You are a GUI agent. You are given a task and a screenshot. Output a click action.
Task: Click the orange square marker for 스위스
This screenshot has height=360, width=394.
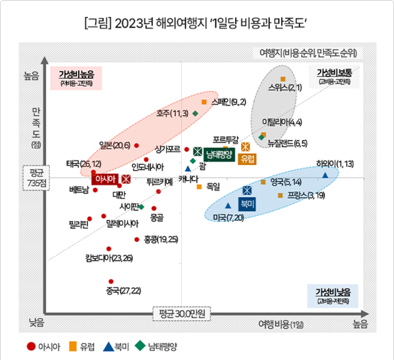(x=283, y=79)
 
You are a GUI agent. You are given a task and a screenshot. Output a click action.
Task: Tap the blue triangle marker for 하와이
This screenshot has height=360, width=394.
(x=326, y=175)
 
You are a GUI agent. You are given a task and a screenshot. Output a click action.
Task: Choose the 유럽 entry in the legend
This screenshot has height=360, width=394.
(x=83, y=346)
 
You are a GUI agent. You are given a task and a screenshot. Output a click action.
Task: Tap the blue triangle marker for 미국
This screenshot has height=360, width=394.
(x=227, y=206)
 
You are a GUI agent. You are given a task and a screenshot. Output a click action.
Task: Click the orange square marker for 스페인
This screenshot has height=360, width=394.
(x=204, y=102)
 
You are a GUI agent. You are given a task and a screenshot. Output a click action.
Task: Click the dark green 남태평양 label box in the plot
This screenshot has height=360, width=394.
(x=219, y=154)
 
